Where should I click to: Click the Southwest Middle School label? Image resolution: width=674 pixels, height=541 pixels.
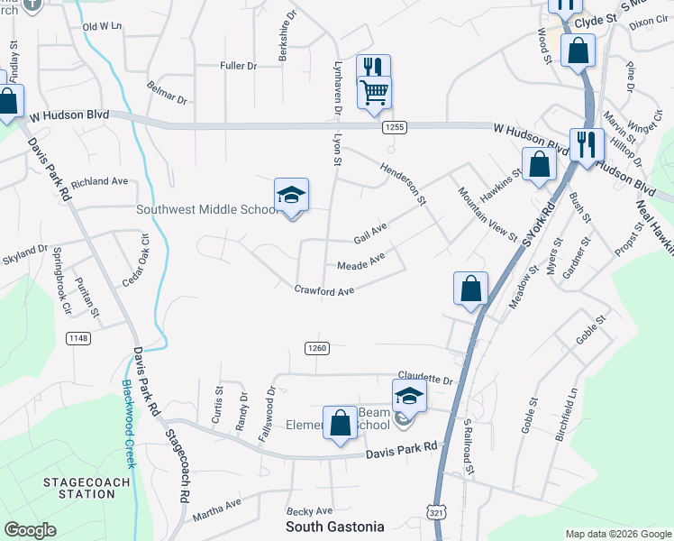click(x=207, y=210)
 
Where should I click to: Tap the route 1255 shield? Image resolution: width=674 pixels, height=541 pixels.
click(x=393, y=127)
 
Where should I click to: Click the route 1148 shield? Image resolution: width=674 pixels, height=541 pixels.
click(x=78, y=338)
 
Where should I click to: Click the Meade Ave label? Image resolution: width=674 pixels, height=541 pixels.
click(x=360, y=263)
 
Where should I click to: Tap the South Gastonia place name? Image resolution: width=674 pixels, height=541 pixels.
click(x=335, y=527)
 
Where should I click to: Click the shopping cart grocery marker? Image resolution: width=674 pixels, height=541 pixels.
click(x=373, y=92)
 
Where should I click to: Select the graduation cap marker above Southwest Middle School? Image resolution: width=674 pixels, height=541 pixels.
click(x=291, y=194)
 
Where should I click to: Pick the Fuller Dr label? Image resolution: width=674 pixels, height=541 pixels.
click(x=239, y=66)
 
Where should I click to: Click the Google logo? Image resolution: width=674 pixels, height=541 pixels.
click(x=31, y=530)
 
